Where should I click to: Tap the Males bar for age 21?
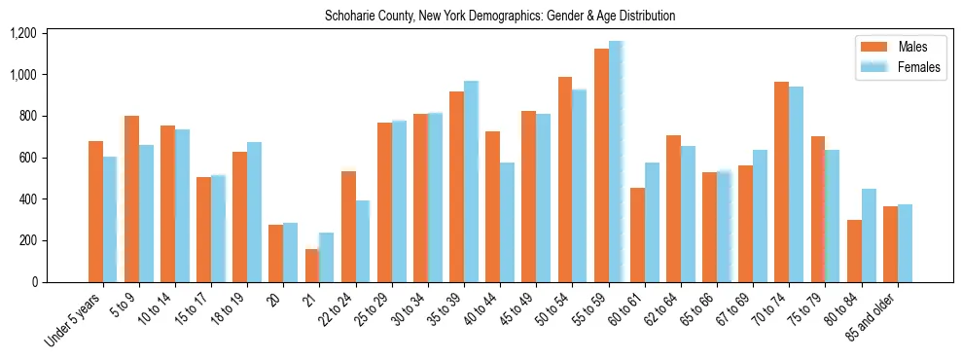tap(312, 266)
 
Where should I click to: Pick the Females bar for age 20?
tap(290, 253)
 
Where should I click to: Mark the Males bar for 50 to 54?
tap(565, 179)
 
